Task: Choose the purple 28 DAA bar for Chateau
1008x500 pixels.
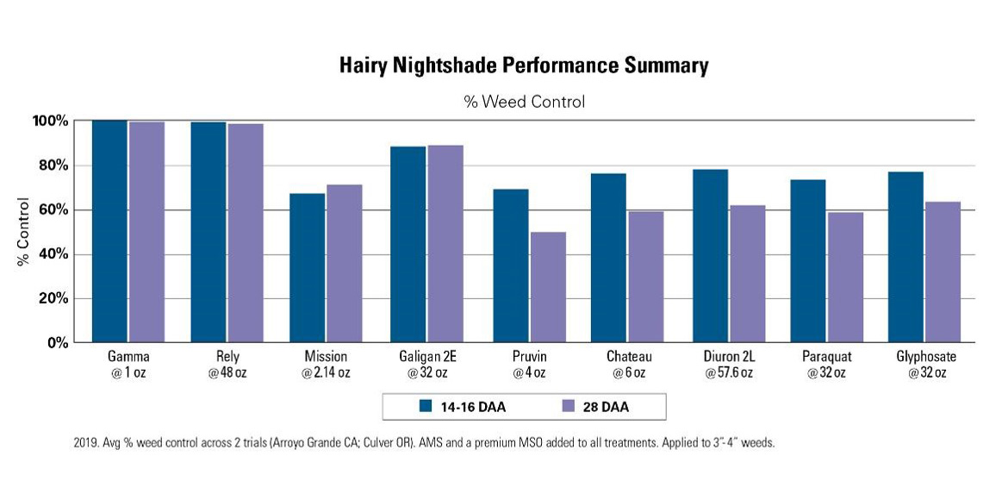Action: (646, 277)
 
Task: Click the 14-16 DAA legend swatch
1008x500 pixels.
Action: (425, 406)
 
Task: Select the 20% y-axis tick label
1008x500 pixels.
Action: (51, 299)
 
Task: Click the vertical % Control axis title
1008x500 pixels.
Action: (23, 232)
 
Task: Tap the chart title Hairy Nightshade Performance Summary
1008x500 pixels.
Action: (524, 66)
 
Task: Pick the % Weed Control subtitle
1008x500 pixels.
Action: (524, 102)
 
